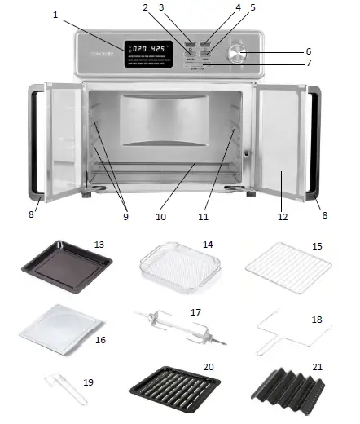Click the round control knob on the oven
(237, 54)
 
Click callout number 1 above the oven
(56, 15)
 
